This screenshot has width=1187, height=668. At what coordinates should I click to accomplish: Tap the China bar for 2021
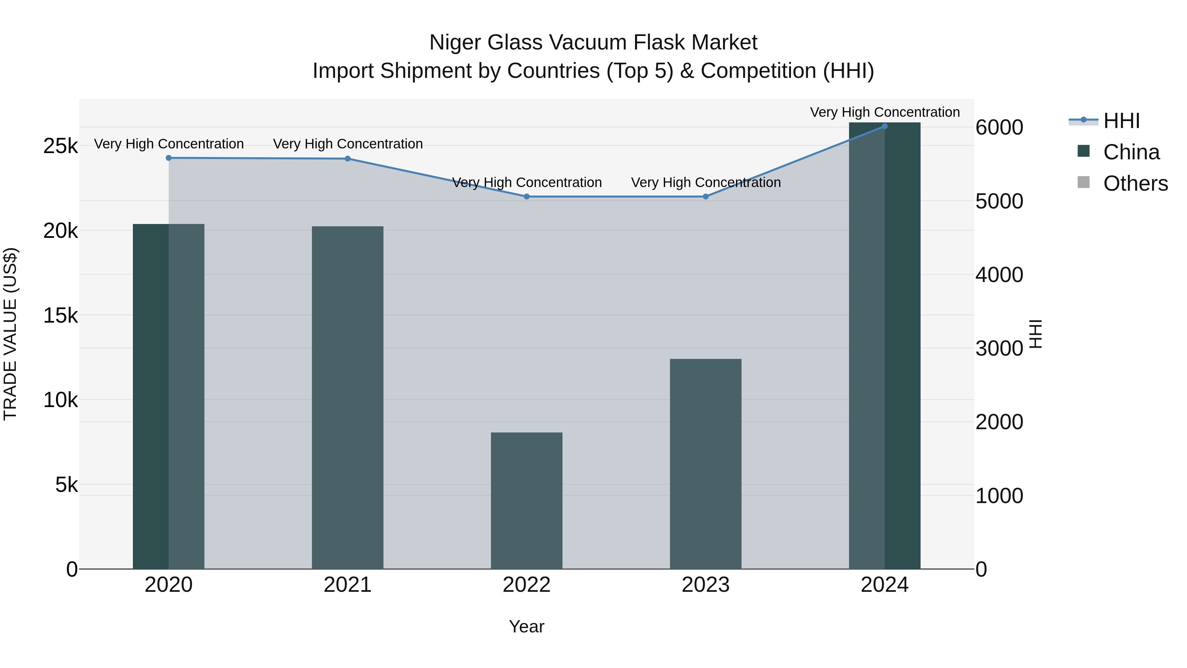pyautogui.click(x=348, y=398)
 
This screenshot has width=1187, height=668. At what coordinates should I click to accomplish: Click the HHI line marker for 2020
pyautogui.click(x=168, y=158)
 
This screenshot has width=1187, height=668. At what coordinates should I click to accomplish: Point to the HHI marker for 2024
pyautogui.click(x=884, y=126)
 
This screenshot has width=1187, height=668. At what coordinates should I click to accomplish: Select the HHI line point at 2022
pyautogui.click(x=527, y=197)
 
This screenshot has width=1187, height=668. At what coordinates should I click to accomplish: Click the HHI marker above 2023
pyautogui.click(x=706, y=197)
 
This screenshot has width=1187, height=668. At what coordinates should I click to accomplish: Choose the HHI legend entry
pyautogui.click(x=1121, y=121)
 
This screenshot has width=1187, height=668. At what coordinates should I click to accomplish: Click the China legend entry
pyautogui.click(x=1131, y=152)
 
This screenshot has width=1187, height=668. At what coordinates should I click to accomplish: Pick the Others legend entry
pyautogui.click(x=1135, y=183)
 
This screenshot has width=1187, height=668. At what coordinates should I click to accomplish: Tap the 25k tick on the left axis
pyautogui.click(x=60, y=146)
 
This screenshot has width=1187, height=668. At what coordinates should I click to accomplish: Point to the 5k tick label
pyautogui.click(x=66, y=485)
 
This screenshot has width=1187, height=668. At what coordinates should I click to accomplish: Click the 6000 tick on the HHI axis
pyautogui.click(x=999, y=128)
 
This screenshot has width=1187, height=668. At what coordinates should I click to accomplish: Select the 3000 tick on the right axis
pyautogui.click(x=999, y=349)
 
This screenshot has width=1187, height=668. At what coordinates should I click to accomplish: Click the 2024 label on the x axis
pyautogui.click(x=884, y=585)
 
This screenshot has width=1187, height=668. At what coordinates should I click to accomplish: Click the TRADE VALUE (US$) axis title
pyautogui.click(x=10, y=334)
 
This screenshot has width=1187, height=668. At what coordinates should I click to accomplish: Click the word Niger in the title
pyautogui.click(x=455, y=43)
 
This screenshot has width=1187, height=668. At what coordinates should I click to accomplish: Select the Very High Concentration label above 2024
pyautogui.click(x=885, y=112)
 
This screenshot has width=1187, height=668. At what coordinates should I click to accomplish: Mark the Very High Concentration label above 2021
pyautogui.click(x=348, y=144)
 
